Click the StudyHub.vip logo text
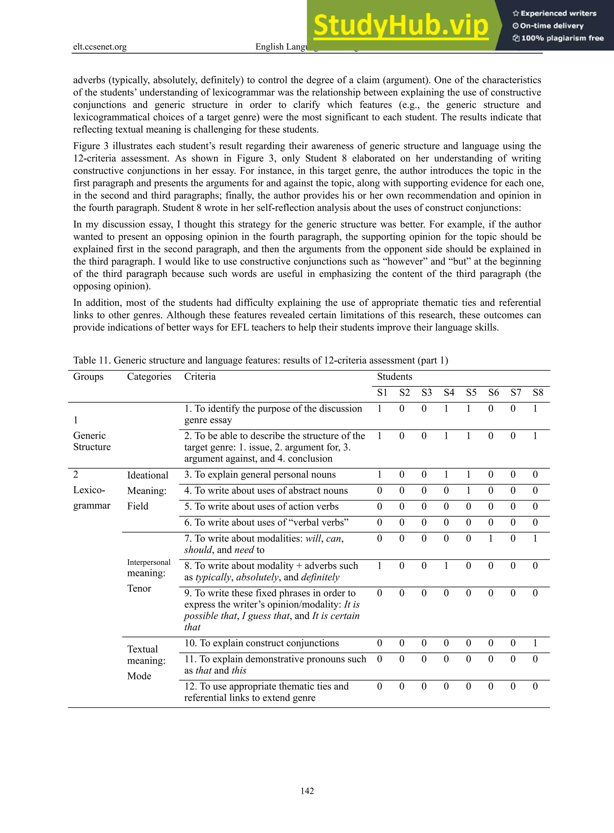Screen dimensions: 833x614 tap(400, 26)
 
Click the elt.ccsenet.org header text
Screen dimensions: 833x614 tap(100, 47)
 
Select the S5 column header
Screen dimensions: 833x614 tap(471, 393)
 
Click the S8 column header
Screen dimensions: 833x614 tap(538, 393)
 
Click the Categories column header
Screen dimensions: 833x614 tap(149, 377)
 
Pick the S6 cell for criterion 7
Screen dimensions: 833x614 tap(490, 539)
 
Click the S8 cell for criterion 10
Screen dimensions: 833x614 tap(535, 643)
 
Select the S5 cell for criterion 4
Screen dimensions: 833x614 tap(468, 491)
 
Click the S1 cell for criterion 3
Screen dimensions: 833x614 tap(380, 475)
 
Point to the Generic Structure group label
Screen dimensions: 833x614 tap(92, 441)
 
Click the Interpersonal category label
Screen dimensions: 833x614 tap(149, 562)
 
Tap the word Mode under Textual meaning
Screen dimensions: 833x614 tap(139, 676)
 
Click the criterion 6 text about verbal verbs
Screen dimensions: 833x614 tap(266, 522)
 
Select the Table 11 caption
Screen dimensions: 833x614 tap(260, 360)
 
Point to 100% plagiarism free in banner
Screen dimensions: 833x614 tap(558, 38)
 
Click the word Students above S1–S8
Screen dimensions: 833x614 tap(394, 377)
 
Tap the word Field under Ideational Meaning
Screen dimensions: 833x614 tap(138, 506)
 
